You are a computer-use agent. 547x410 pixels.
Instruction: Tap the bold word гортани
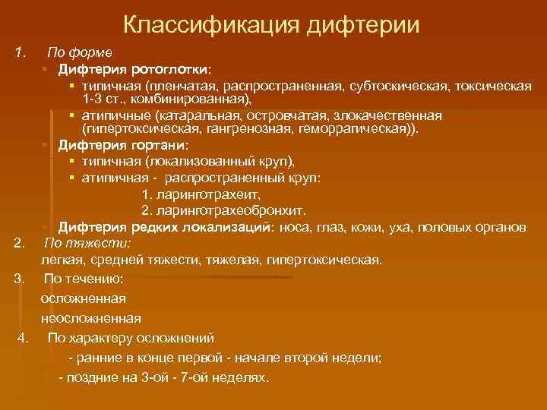(x=162, y=144)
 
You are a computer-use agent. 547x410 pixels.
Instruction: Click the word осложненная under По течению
(x=83, y=298)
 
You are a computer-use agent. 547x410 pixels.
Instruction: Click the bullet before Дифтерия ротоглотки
(x=46, y=70)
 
